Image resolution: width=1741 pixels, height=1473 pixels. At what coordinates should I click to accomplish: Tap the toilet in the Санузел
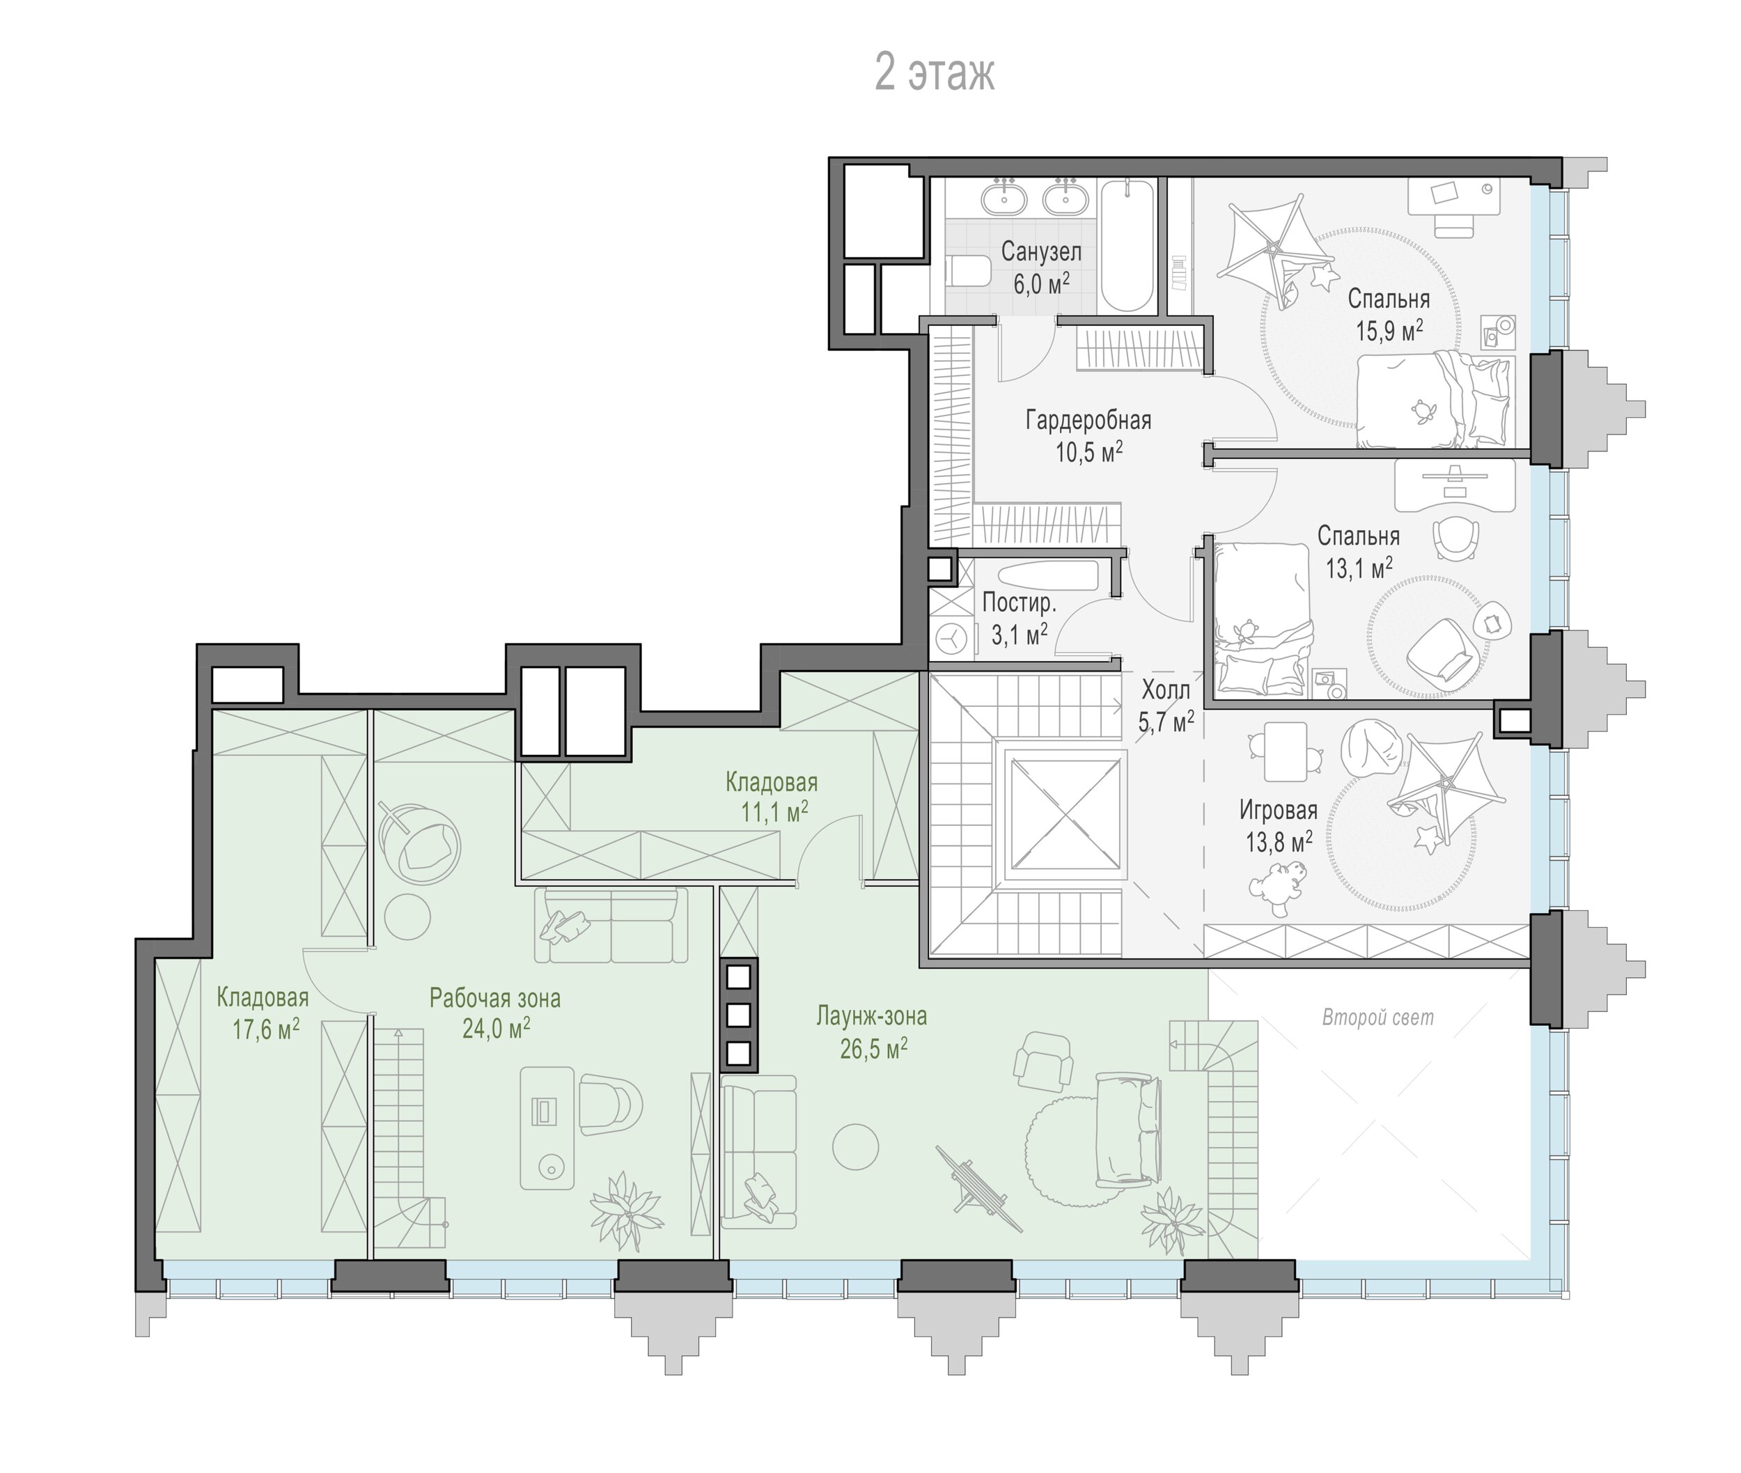coord(968,272)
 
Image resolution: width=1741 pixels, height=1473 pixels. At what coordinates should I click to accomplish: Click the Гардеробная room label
coord(1088,419)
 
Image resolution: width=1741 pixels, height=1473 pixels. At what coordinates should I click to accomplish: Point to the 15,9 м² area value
coord(1389,330)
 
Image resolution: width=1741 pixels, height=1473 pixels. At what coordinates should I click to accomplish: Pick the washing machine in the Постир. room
coord(951,639)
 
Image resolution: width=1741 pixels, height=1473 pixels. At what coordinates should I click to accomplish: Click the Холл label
coord(1166,689)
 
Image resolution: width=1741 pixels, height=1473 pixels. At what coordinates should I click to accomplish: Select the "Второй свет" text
coord(1377,1018)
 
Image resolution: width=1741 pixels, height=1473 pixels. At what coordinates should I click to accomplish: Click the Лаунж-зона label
coord(872,1016)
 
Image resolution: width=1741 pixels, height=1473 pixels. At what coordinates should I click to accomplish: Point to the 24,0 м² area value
coord(496,1029)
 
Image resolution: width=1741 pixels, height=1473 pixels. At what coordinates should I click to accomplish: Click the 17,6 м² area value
coord(265,1029)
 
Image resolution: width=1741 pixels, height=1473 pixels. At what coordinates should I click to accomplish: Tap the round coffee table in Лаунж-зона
coord(856,1146)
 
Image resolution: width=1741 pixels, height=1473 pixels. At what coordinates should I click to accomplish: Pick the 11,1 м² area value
coord(775,811)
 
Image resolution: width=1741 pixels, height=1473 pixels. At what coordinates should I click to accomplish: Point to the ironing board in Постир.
coord(1048,576)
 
